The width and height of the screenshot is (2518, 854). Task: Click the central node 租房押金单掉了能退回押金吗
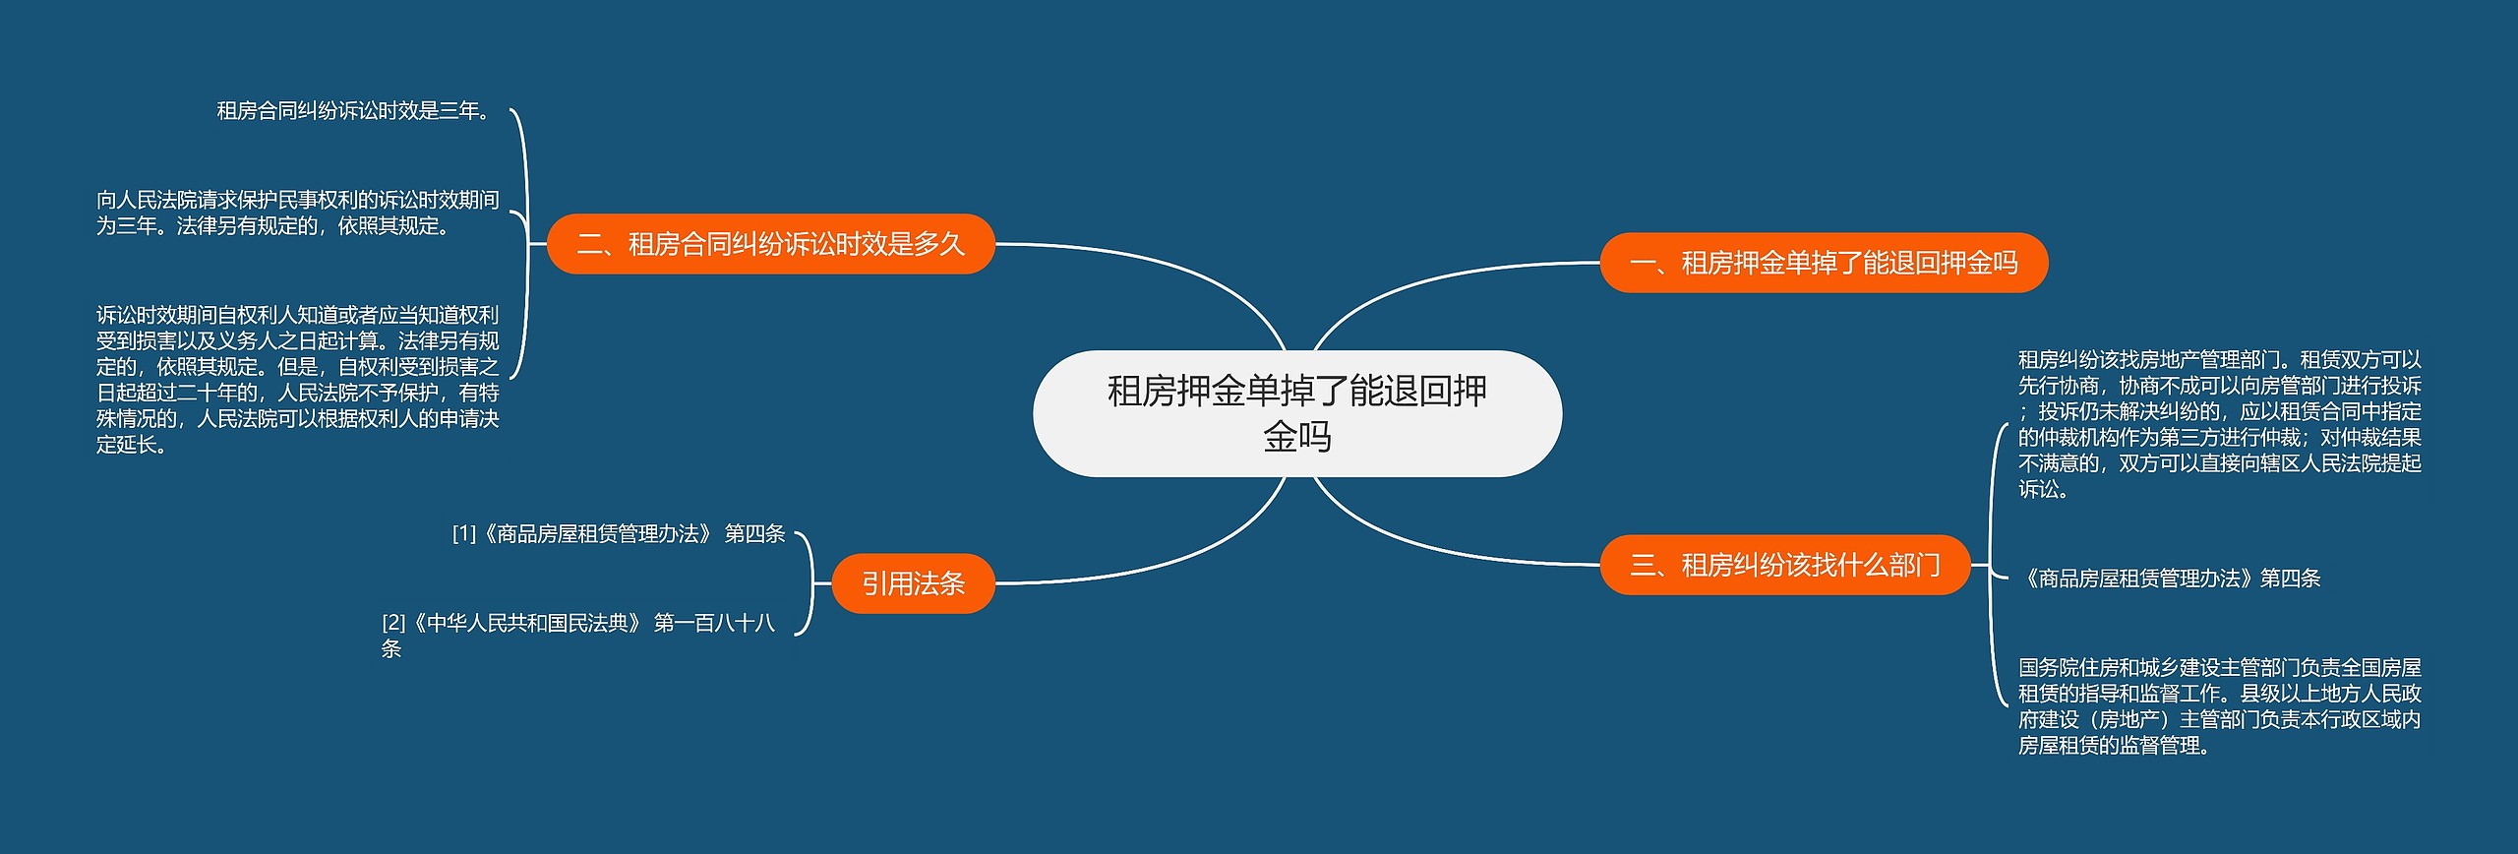[1296, 413]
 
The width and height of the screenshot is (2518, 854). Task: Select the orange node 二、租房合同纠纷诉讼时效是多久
[770, 244]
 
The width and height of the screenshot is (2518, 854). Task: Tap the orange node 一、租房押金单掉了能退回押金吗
[1823, 263]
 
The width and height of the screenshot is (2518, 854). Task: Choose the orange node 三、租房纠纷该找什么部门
[1784, 565]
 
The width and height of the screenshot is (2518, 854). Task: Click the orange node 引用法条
[913, 583]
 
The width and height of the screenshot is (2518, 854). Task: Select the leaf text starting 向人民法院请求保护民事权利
[297, 213]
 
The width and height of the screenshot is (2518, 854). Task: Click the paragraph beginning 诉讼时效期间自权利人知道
[297, 379]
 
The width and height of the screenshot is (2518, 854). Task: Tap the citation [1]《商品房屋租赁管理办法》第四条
[618, 533]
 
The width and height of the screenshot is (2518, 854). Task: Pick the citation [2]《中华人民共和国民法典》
[578, 635]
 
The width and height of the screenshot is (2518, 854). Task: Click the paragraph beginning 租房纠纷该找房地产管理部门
[2219, 423]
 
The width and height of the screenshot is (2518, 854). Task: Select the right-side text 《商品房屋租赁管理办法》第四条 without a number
[2168, 579]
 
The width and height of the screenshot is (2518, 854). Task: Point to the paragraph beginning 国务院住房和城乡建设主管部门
[2219, 705]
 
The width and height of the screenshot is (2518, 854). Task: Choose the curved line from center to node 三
[1426, 544]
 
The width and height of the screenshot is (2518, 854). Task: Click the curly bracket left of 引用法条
[810, 583]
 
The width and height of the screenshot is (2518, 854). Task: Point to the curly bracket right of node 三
[1992, 565]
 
